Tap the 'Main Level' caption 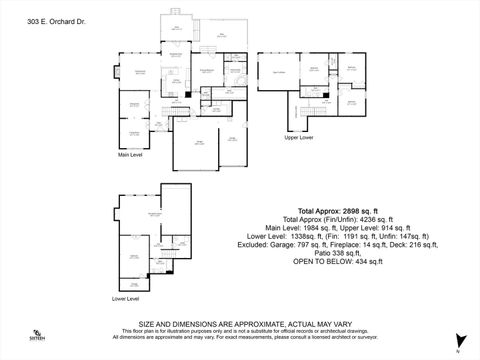pyautogui.click(x=131, y=155)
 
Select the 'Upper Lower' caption pyautogui.click(x=298, y=137)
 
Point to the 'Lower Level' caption pyautogui.click(x=125, y=298)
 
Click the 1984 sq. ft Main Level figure pyautogui.click(x=315, y=228)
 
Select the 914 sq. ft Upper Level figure pyautogui.click(x=388, y=228)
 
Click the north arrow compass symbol pyautogui.click(x=459, y=341)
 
